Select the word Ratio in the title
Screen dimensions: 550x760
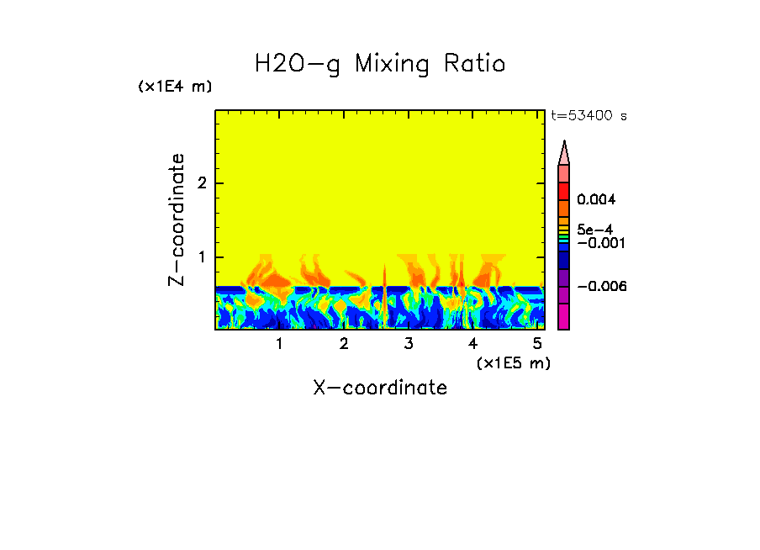pyautogui.click(x=476, y=64)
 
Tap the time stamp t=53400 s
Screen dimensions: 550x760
pyautogui.click(x=588, y=116)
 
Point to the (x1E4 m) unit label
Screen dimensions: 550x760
pyautogui.click(x=175, y=87)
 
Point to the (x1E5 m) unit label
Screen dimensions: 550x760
pyautogui.click(x=513, y=362)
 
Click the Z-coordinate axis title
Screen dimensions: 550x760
pyautogui.click(x=177, y=219)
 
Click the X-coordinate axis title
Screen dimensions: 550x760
pyautogui.click(x=380, y=388)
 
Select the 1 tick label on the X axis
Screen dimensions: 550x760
pyautogui.click(x=279, y=344)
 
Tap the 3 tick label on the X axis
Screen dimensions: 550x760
pyautogui.click(x=409, y=344)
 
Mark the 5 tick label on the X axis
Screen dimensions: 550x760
pyautogui.click(x=537, y=344)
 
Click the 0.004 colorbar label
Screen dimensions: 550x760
pyautogui.click(x=597, y=200)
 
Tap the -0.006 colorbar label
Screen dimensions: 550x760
pyautogui.click(x=601, y=287)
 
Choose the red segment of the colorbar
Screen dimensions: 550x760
pyautogui.click(x=564, y=191)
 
